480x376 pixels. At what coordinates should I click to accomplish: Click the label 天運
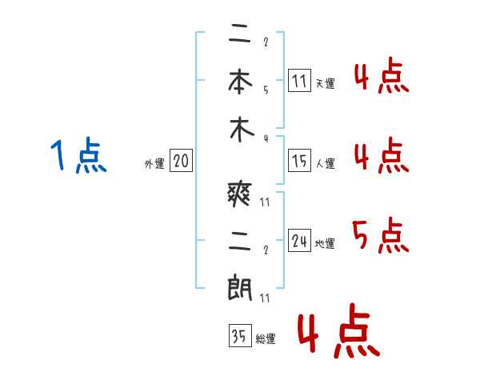(x=325, y=83)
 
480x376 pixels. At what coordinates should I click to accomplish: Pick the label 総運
(x=265, y=339)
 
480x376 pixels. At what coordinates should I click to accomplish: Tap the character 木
(x=240, y=130)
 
